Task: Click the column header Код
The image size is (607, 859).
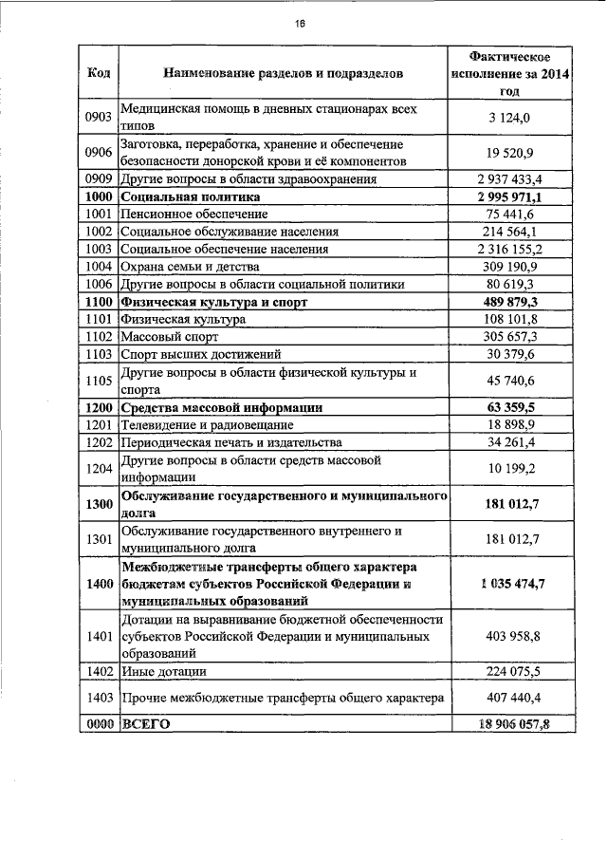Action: pyautogui.click(x=98, y=72)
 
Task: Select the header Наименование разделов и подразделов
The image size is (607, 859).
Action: pyautogui.click(x=283, y=72)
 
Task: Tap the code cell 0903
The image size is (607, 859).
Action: pyautogui.click(x=99, y=117)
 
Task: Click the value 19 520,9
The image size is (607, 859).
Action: pyautogui.click(x=510, y=153)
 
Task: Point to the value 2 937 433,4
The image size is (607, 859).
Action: pyautogui.click(x=510, y=179)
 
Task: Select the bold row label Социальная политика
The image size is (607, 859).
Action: pyautogui.click(x=190, y=197)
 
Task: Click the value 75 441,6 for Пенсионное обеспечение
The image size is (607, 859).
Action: pyautogui.click(x=510, y=215)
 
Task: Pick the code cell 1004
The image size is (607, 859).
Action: pyautogui.click(x=99, y=267)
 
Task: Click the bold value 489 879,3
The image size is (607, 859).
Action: pyautogui.click(x=510, y=302)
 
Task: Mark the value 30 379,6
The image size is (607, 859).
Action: pyautogui.click(x=510, y=354)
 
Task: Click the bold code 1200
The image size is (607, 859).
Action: pyautogui.click(x=99, y=407)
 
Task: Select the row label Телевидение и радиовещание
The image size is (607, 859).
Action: pyautogui.click(x=206, y=424)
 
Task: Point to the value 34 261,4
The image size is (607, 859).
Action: pyautogui.click(x=510, y=442)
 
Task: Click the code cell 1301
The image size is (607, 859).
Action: pyautogui.click(x=99, y=539)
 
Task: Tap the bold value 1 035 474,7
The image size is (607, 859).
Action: pyautogui.click(x=510, y=583)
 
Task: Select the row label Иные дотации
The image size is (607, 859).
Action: pyautogui.click(x=163, y=672)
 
